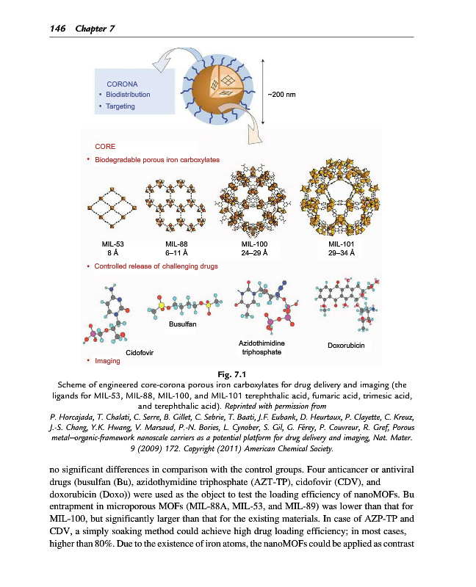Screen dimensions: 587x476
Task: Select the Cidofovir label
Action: pos(140,353)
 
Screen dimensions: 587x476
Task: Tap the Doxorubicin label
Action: pos(347,344)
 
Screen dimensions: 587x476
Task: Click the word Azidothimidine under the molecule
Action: pos(262,343)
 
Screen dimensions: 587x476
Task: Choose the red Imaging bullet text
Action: pos(107,361)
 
